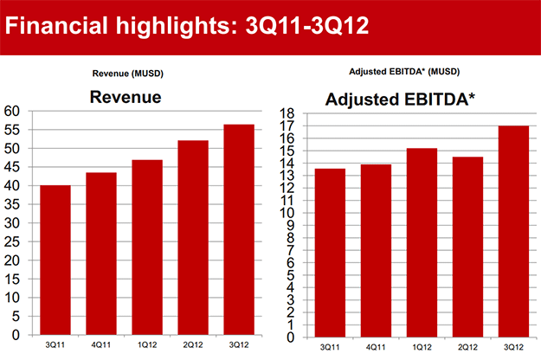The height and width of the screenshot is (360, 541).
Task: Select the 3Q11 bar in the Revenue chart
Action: click(54, 260)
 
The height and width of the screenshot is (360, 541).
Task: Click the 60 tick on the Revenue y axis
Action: click(11, 111)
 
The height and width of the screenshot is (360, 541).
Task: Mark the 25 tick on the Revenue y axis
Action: click(11, 241)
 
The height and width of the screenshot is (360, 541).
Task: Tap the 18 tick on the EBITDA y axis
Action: click(287, 112)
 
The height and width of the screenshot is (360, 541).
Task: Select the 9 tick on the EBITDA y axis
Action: click(290, 225)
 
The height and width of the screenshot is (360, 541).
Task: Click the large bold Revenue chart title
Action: click(126, 98)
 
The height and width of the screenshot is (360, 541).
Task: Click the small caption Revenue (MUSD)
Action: click(127, 74)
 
